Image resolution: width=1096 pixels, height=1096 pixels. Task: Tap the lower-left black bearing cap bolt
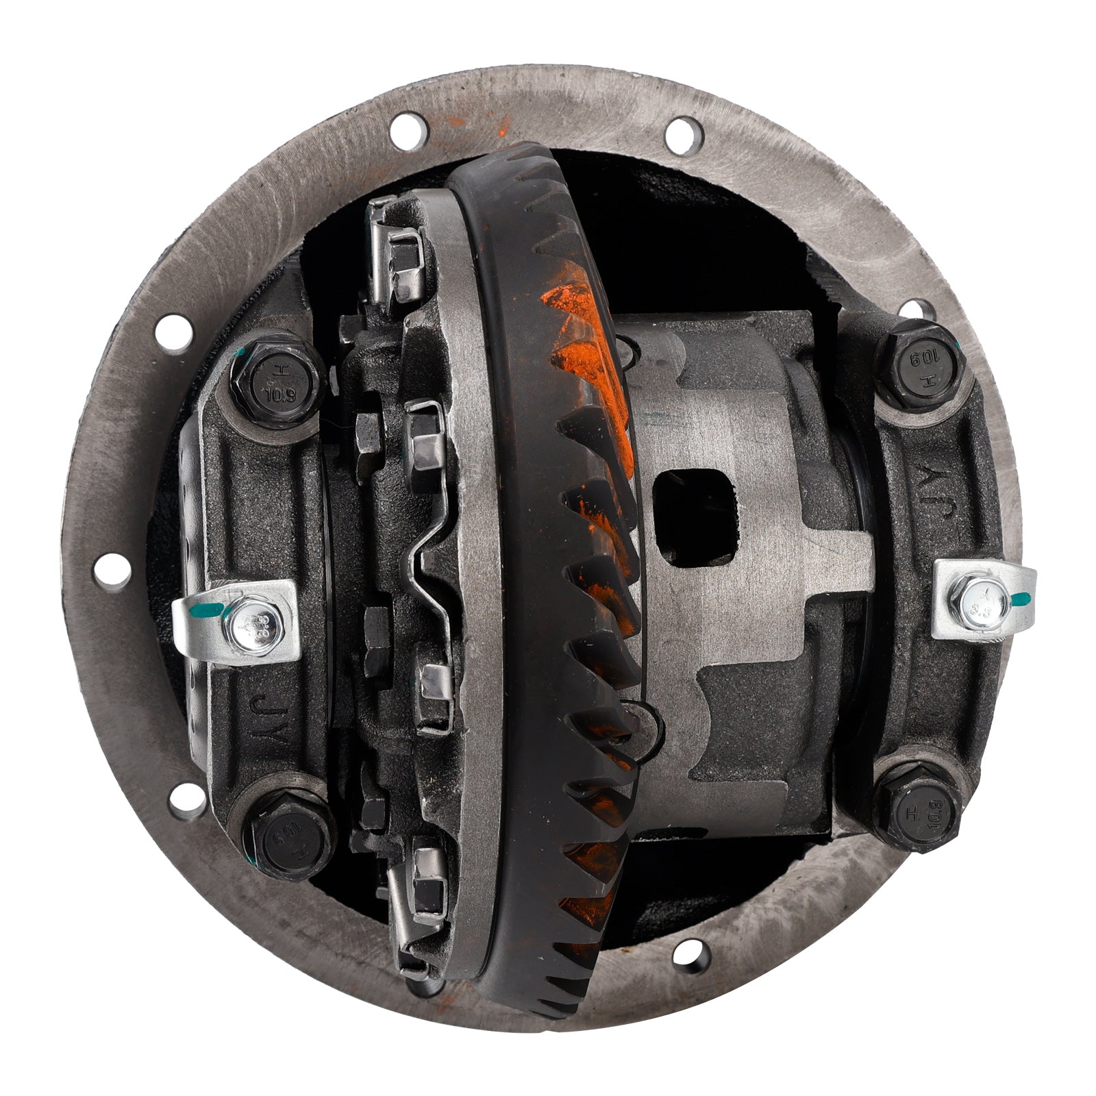(288, 837)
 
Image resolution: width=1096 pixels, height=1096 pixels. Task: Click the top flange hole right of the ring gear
(684, 135)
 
